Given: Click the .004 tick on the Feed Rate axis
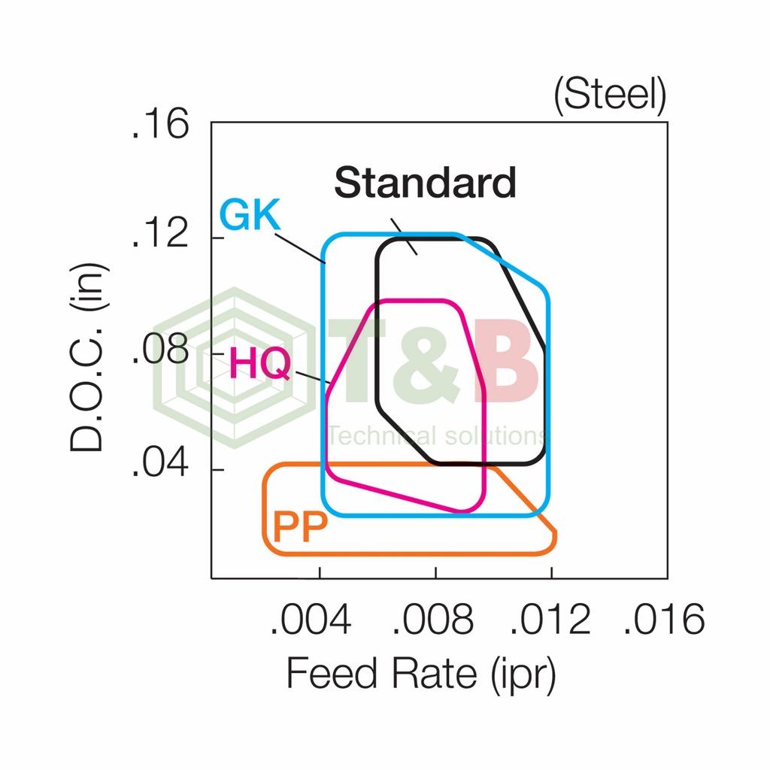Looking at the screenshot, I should (310, 620).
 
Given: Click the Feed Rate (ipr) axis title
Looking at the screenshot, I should (421, 674).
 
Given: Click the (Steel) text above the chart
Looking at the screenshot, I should (610, 96).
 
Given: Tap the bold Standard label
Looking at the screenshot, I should (425, 183).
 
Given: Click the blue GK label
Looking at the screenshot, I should (249, 217).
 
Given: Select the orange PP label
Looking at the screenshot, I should (300, 527).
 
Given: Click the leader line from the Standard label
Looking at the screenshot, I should (404, 236).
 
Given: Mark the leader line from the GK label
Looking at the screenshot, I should (299, 247).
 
